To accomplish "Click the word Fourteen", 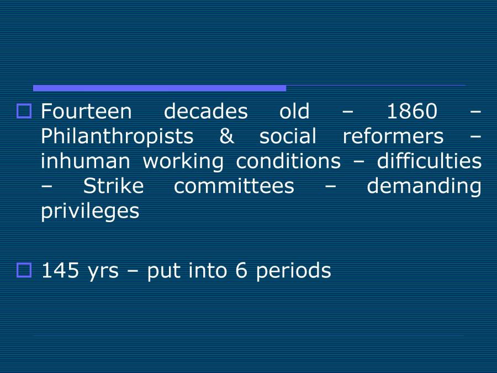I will [x=87, y=112].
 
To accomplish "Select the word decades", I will [x=206, y=112].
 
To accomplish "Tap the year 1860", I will [x=411, y=112].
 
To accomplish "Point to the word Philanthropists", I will [x=117, y=136].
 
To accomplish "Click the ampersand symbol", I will [x=226, y=136].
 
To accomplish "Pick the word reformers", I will [x=393, y=136].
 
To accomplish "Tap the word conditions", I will [x=288, y=161].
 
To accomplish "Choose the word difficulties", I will [x=429, y=161].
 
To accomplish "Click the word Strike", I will [x=113, y=186].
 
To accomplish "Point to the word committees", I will [x=234, y=186].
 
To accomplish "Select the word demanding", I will [x=424, y=186].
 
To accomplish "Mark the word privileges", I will [x=91, y=211].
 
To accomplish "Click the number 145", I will [x=60, y=271].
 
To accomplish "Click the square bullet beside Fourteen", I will [x=25, y=111].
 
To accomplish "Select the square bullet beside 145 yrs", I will [x=25, y=270].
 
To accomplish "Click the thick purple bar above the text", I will [x=160, y=88].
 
